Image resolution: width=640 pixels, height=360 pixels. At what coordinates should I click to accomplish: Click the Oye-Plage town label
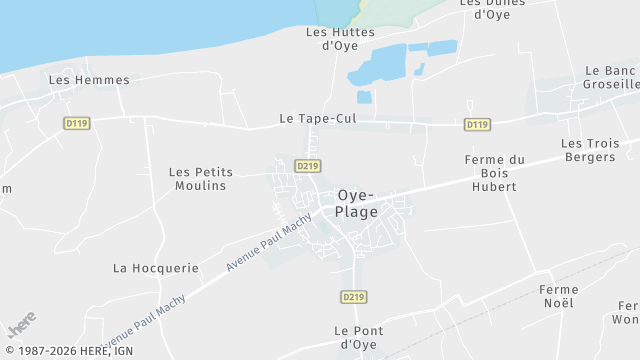[357, 203]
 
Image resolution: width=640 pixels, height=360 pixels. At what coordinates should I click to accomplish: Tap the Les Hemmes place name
[89, 80]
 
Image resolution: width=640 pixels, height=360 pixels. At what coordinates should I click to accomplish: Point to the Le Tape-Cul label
[317, 119]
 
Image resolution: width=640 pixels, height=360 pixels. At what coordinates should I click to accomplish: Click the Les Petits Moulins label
[200, 179]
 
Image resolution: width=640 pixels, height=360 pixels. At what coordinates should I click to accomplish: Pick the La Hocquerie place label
[156, 268]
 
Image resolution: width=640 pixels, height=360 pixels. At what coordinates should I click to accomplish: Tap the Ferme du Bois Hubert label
[495, 173]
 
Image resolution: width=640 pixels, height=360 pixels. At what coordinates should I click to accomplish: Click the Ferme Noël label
[558, 296]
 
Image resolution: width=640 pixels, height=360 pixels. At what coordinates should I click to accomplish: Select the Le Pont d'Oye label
[357, 337]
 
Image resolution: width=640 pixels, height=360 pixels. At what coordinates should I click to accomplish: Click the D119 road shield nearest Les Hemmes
[75, 123]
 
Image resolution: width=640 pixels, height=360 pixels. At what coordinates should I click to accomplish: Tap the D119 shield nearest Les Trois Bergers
[477, 125]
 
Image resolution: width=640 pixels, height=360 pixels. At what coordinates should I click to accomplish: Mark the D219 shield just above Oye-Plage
[307, 166]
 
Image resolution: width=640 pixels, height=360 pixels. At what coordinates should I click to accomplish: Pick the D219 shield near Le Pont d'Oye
[353, 297]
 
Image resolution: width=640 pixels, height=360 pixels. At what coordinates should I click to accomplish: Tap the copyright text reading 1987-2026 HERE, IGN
[69, 351]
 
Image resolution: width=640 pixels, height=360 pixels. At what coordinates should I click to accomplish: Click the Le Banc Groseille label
[611, 78]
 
